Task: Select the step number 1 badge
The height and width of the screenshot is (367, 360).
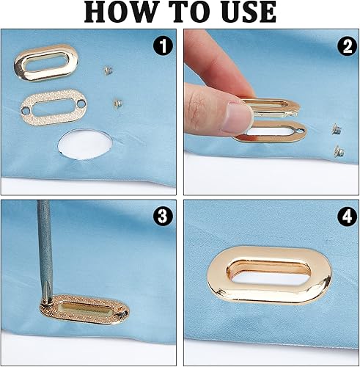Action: tap(163, 46)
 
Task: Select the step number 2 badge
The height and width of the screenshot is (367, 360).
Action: tap(348, 46)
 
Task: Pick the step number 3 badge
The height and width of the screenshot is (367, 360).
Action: tap(163, 217)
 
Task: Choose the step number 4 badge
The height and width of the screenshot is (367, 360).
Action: tap(348, 217)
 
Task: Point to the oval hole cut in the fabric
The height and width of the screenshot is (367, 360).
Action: tap(85, 145)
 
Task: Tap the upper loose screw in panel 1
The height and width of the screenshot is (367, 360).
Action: tap(109, 70)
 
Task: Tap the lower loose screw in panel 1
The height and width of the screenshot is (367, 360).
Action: tap(118, 103)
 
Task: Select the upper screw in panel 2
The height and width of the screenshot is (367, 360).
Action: tap(337, 128)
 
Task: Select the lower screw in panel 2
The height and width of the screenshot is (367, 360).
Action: tap(339, 150)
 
